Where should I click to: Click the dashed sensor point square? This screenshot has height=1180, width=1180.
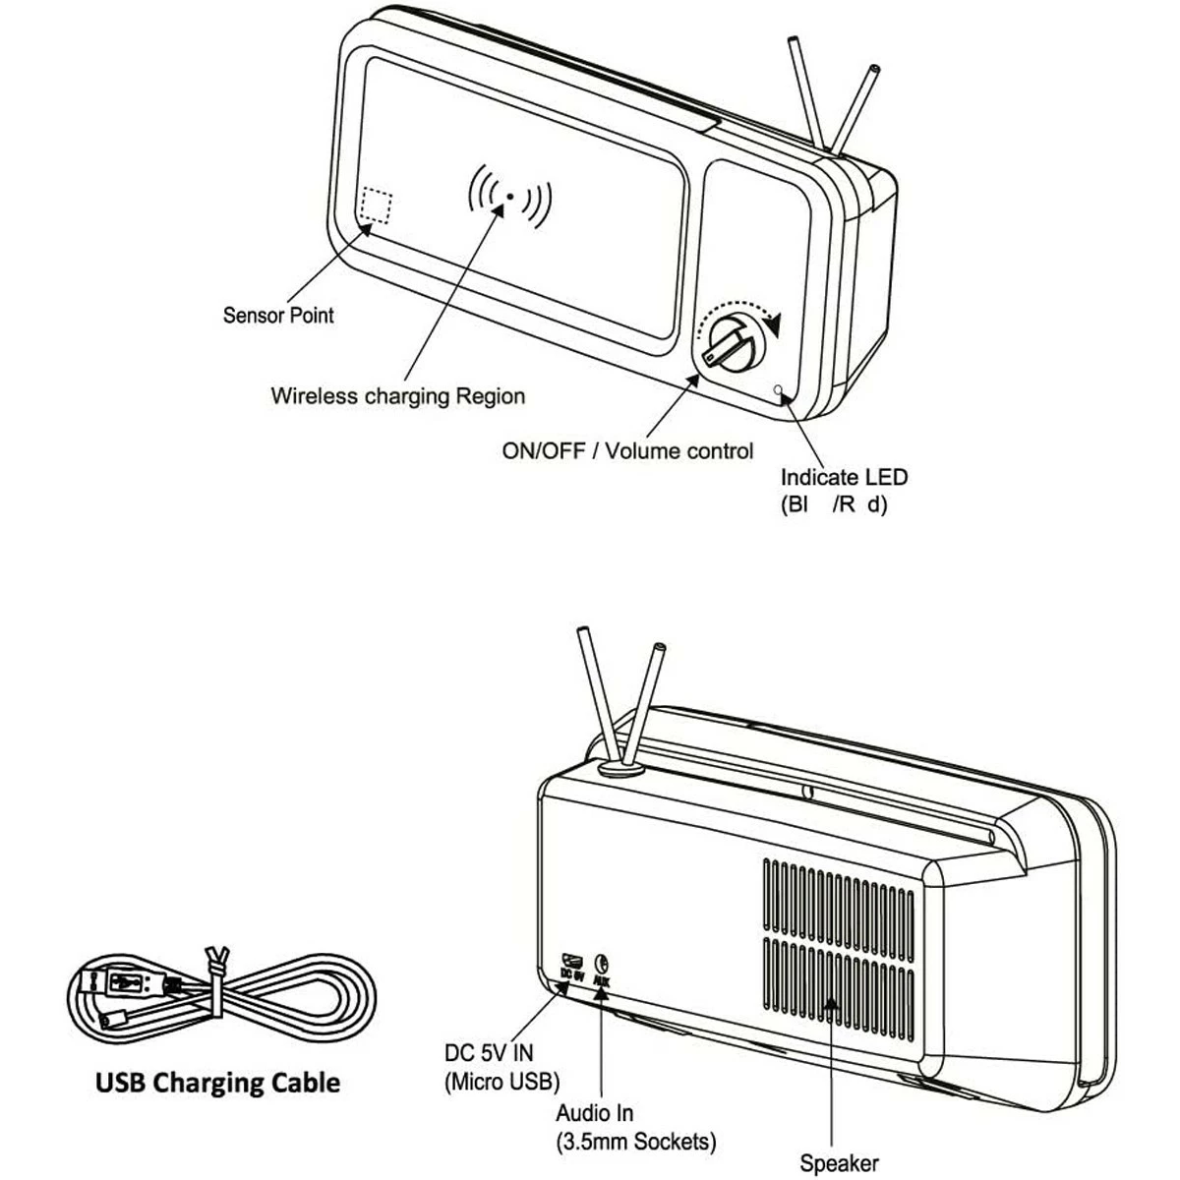pyautogui.click(x=375, y=206)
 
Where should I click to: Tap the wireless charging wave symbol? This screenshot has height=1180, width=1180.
pyautogui.click(x=509, y=196)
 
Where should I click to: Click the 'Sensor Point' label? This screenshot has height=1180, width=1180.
pyautogui.click(x=278, y=316)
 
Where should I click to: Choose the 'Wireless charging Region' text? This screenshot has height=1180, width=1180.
pyautogui.click(x=397, y=396)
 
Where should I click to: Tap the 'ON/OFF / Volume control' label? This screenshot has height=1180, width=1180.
pyautogui.click(x=627, y=451)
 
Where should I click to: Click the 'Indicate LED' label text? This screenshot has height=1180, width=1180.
pyautogui.click(x=844, y=478)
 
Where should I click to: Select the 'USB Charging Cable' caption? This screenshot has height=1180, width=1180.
pyautogui.click(x=217, y=1083)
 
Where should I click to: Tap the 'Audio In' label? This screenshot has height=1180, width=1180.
pyautogui.click(x=594, y=1114)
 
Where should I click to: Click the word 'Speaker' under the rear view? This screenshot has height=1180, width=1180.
pyautogui.click(x=838, y=1164)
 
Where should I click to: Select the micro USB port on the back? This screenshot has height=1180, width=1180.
pyautogui.click(x=571, y=959)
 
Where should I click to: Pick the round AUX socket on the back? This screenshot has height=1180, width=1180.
pyautogui.click(x=604, y=963)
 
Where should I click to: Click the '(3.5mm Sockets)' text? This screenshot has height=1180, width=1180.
pyautogui.click(x=635, y=1142)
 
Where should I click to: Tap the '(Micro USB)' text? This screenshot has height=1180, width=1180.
pyautogui.click(x=501, y=1082)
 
